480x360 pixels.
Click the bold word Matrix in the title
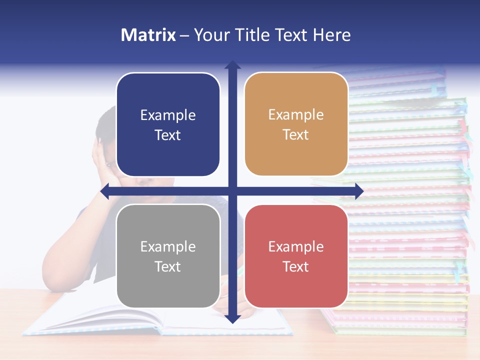pos(148,35)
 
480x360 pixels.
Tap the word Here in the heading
pos(331,35)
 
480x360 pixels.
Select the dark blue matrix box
pos(168,124)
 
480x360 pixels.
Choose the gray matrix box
pos(168,256)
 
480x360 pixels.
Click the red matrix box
pos(296,256)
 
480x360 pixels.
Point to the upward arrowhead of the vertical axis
pos(232,65)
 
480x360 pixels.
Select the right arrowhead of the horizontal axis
pos(359,191)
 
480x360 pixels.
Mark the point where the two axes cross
pos(232,191)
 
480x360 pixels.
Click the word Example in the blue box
pos(168,115)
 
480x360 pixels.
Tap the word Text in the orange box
pos(296,135)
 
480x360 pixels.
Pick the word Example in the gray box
pos(168,246)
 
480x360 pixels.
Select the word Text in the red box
pos(296,266)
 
